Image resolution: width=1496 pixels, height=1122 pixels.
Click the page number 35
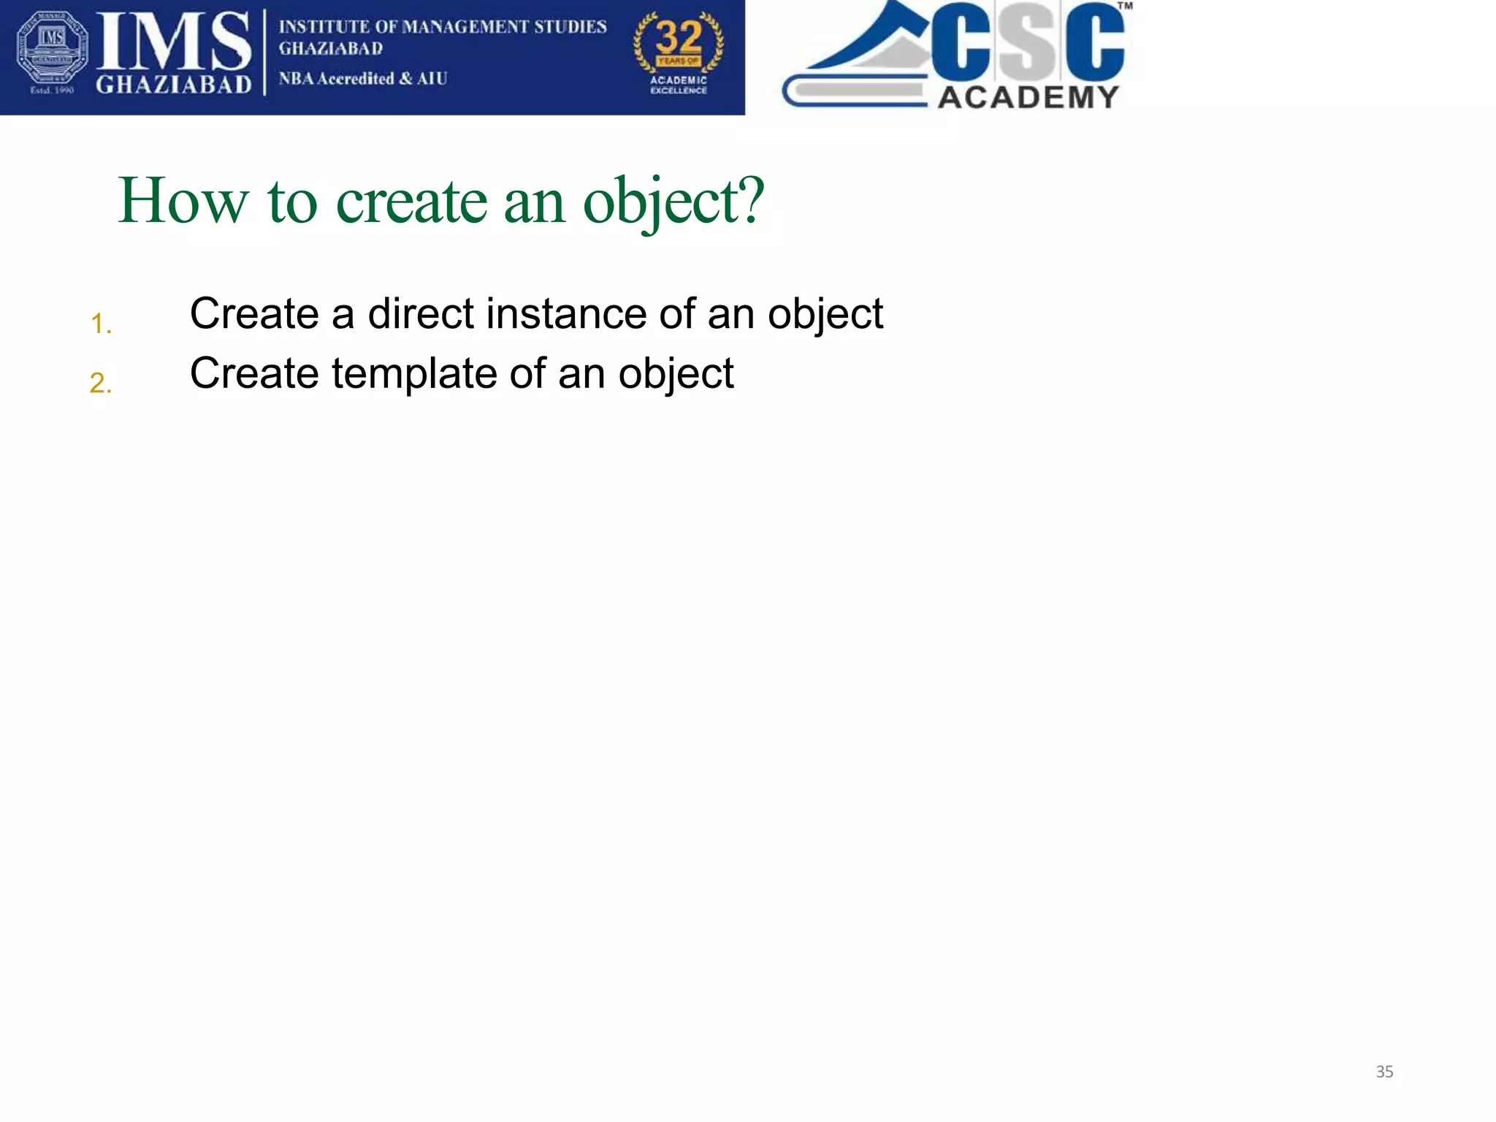pyautogui.click(x=1384, y=1072)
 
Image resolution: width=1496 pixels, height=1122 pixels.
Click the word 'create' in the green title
pyautogui.click(x=411, y=202)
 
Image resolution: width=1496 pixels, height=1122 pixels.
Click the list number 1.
pyautogui.click(x=100, y=324)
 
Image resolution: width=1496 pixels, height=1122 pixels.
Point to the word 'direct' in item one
pyautogui.click(x=421, y=314)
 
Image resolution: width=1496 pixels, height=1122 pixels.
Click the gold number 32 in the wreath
pyautogui.click(x=679, y=37)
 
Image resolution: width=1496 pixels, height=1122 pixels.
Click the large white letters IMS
pyautogui.click(x=174, y=42)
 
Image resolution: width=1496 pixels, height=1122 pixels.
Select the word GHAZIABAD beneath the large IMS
pyautogui.click(x=174, y=85)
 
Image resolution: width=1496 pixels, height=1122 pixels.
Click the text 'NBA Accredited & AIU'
pyautogui.click(x=363, y=78)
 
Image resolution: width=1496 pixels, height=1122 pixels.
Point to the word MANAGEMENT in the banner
pyautogui.click(x=465, y=27)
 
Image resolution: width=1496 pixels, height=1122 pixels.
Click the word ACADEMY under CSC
pyautogui.click(x=1028, y=97)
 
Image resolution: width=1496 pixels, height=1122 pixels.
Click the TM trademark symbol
pyautogui.click(x=1125, y=6)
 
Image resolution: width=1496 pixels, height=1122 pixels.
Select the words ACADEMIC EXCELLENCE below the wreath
pyautogui.click(x=679, y=85)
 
